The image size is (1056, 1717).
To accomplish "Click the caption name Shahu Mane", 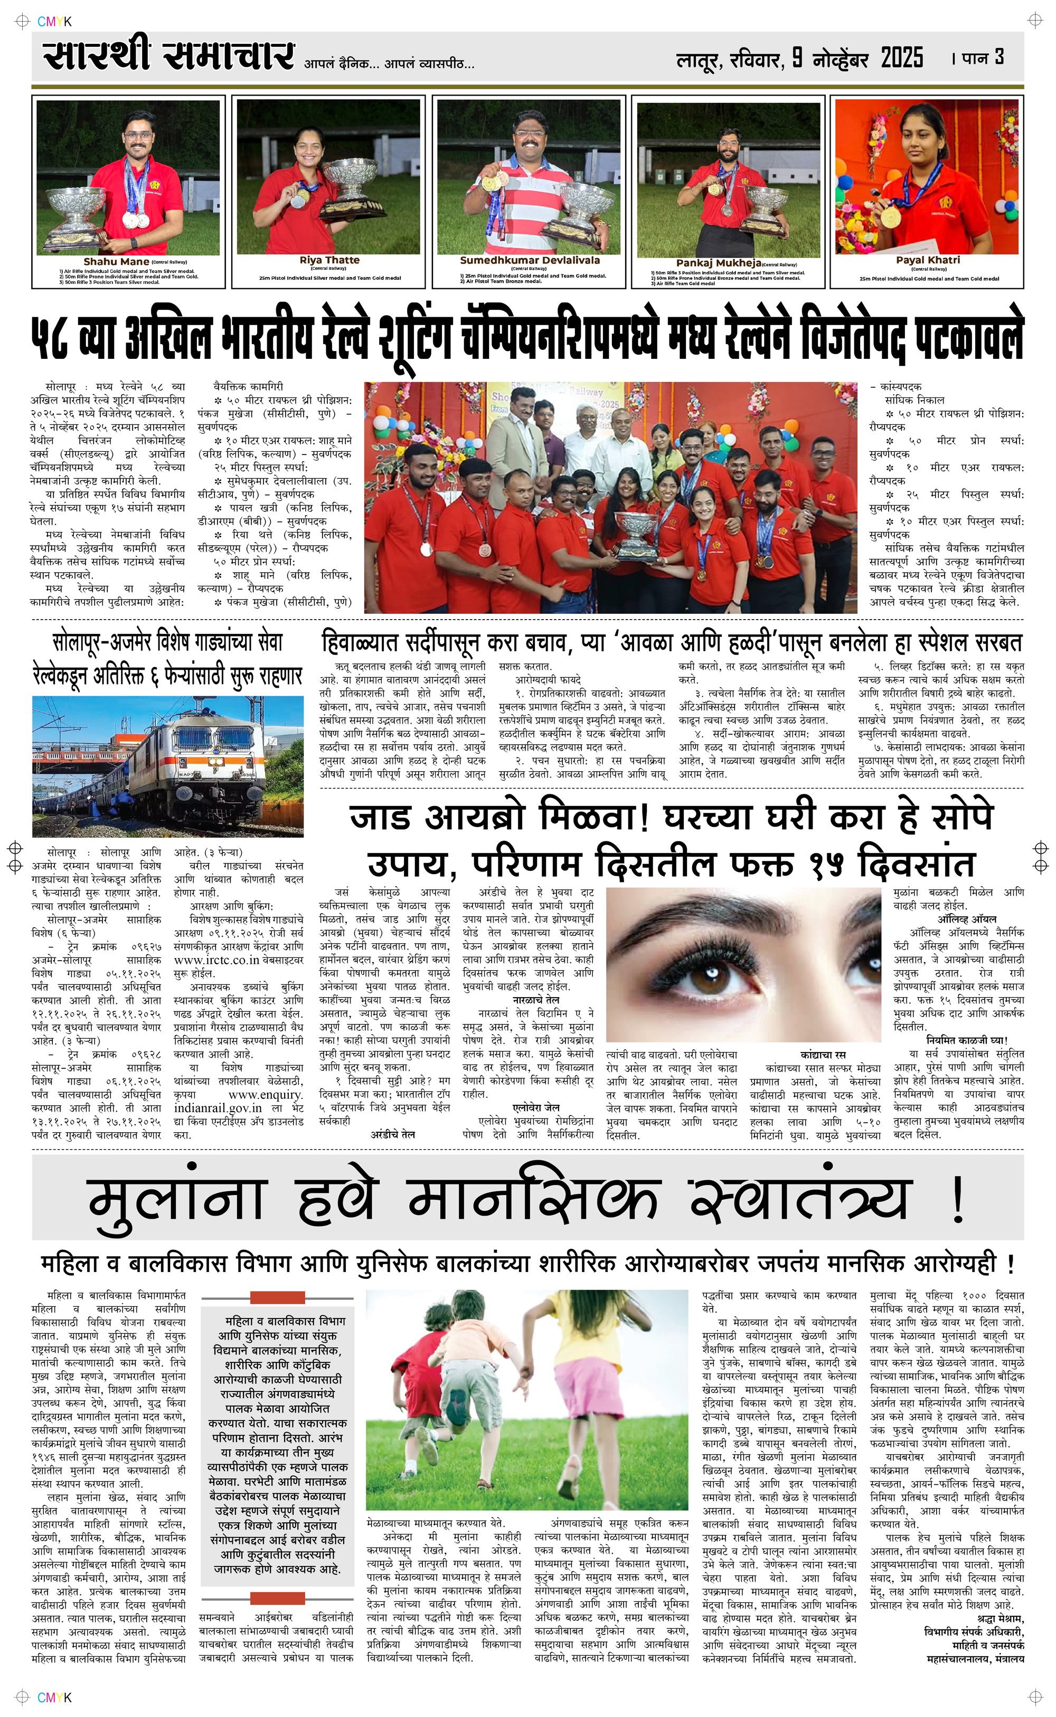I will (116, 262).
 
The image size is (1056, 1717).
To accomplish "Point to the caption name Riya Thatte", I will (329, 260).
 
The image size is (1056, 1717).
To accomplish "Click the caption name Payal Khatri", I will (928, 260).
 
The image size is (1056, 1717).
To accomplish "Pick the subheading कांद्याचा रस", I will (823, 1055).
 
